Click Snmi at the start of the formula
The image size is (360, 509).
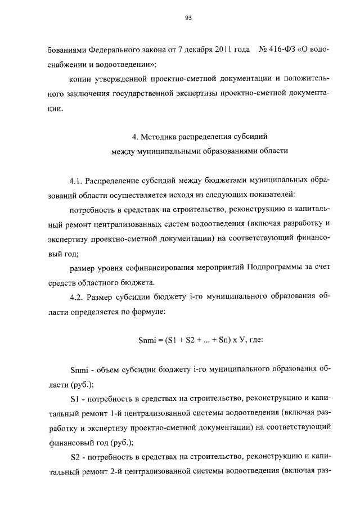pyautogui.click(x=148, y=340)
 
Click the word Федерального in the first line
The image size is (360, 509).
pyautogui.click(x=110, y=50)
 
